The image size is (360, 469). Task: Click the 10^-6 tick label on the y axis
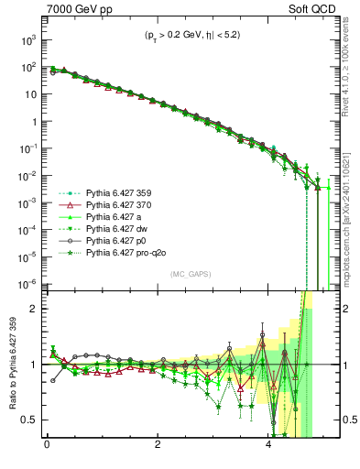click(x=27, y=282)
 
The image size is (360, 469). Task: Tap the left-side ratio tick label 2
click(x=34, y=309)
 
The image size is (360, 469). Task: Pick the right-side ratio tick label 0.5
click(x=347, y=420)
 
